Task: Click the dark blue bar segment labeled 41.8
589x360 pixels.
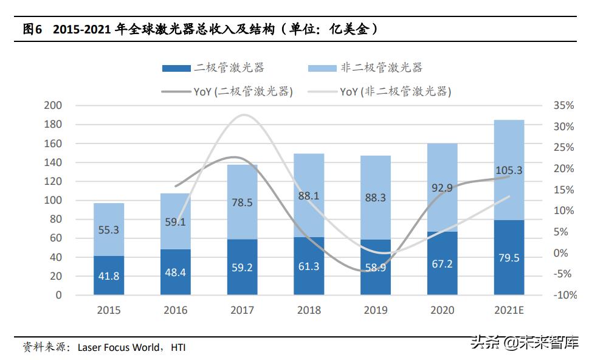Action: (108, 275)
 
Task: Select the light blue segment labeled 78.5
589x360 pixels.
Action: (242, 202)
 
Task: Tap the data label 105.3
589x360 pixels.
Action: (509, 171)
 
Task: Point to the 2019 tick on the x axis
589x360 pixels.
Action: (375, 310)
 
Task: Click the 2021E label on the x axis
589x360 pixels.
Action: (509, 310)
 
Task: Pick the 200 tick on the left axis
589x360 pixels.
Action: (53, 105)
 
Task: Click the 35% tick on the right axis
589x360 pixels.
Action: (563, 105)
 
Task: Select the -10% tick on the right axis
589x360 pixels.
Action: (563, 295)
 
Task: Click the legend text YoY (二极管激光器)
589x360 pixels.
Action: (243, 92)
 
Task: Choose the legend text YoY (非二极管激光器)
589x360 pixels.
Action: (395, 92)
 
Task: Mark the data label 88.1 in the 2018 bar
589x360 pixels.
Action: (309, 196)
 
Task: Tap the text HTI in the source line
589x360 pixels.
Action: (177, 348)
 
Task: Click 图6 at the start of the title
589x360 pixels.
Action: (32, 29)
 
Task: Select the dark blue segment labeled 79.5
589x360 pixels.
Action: (509, 257)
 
